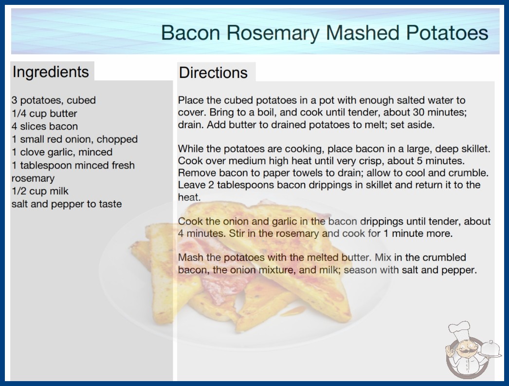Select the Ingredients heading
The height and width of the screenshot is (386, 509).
[x=51, y=72]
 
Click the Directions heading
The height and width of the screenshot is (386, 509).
[x=213, y=73]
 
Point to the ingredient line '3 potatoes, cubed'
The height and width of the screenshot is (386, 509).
[x=54, y=100]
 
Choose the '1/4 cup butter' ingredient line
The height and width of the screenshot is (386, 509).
[x=44, y=114]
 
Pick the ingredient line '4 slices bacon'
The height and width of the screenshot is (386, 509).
[x=44, y=126]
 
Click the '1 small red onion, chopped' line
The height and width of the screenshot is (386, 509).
[x=74, y=139]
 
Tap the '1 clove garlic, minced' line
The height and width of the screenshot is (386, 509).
[x=62, y=152]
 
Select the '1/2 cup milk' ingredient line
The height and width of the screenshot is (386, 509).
[x=40, y=191]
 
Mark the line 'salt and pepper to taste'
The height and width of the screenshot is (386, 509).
[x=67, y=204]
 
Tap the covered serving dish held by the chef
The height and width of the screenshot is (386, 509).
[x=491, y=349]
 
